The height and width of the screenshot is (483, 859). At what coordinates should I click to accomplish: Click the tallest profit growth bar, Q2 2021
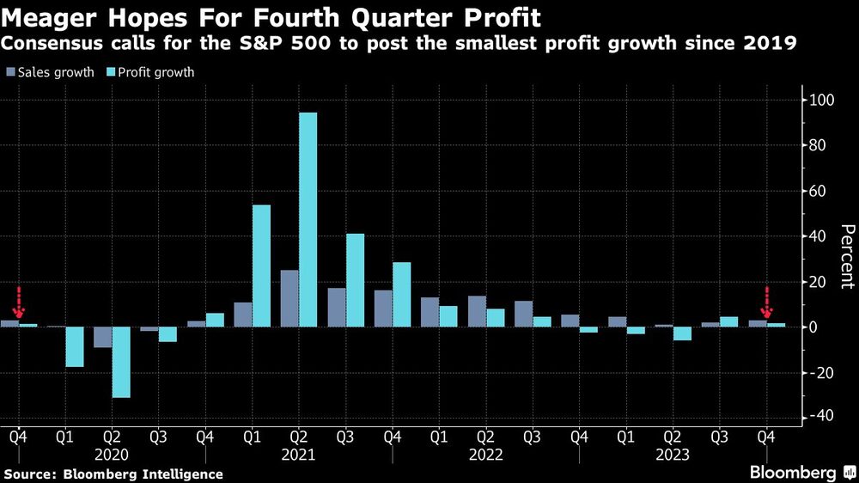coord(308,219)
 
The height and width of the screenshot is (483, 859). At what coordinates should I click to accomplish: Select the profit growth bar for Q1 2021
coord(261,266)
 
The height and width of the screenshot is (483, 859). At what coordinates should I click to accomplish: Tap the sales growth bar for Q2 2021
coord(289,298)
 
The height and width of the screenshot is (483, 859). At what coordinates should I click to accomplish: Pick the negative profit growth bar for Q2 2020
coord(121,362)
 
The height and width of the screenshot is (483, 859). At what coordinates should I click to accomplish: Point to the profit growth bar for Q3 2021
coord(355,280)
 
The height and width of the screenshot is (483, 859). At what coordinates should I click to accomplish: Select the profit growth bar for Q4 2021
coord(401,294)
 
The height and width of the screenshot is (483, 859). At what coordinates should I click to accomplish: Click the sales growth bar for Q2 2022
coord(477,311)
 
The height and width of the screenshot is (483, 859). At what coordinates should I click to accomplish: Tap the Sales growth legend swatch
coord(11,72)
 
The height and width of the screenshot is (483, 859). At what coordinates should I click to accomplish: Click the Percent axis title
coord(847,256)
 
